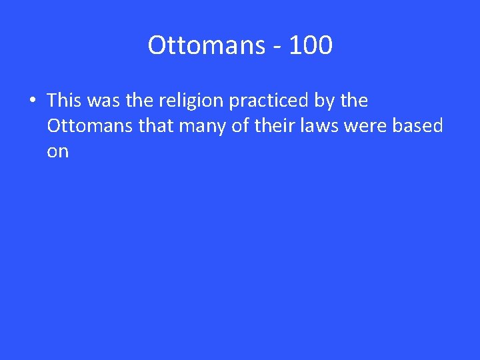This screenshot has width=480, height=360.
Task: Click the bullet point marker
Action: tap(31, 101)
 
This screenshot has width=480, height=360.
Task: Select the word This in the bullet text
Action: tap(63, 101)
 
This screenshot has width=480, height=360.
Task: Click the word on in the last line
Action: tap(58, 152)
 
